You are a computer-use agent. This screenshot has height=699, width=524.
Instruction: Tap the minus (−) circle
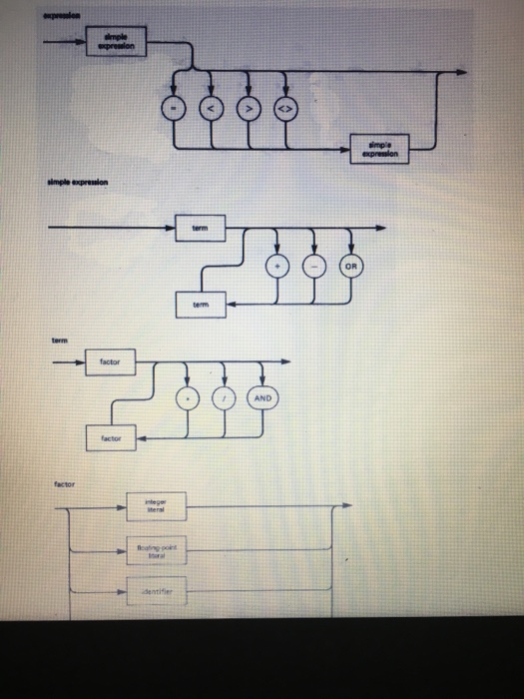tap(312, 266)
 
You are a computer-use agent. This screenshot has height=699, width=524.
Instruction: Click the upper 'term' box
tap(200, 229)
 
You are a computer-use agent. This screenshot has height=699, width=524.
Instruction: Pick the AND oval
tap(262, 397)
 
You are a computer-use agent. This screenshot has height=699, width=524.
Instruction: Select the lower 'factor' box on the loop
tap(109, 437)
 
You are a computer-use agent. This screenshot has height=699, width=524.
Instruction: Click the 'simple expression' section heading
tap(79, 185)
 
